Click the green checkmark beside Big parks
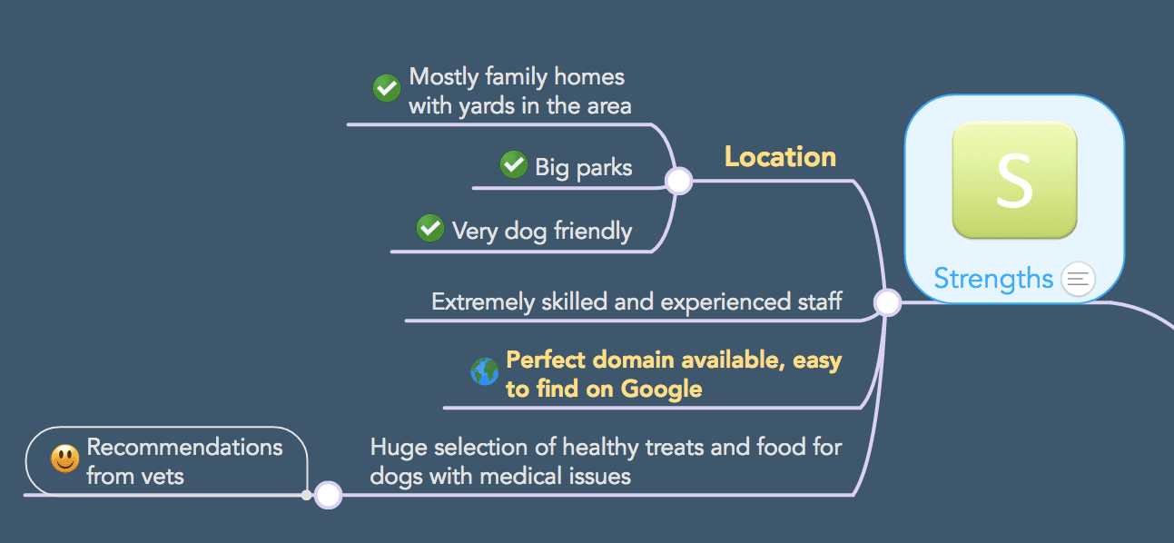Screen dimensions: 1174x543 tap(514, 164)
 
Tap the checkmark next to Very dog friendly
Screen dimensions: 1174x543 tap(429, 228)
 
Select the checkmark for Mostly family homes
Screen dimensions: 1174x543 tap(387, 88)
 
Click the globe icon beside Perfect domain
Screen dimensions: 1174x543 tap(484, 371)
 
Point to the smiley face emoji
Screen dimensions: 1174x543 tap(65, 459)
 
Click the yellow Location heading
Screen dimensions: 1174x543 tap(780, 157)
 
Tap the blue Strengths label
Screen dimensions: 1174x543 tap(993, 279)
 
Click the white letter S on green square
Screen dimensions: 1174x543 tap(1014, 181)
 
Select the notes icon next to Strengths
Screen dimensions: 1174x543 tap(1078, 279)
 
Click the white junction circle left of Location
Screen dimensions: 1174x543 tap(679, 181)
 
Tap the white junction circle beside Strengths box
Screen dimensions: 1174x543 tap(887, 302)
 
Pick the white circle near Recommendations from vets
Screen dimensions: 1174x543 tap(328, 495)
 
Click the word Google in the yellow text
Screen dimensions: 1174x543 tap(661, 390)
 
